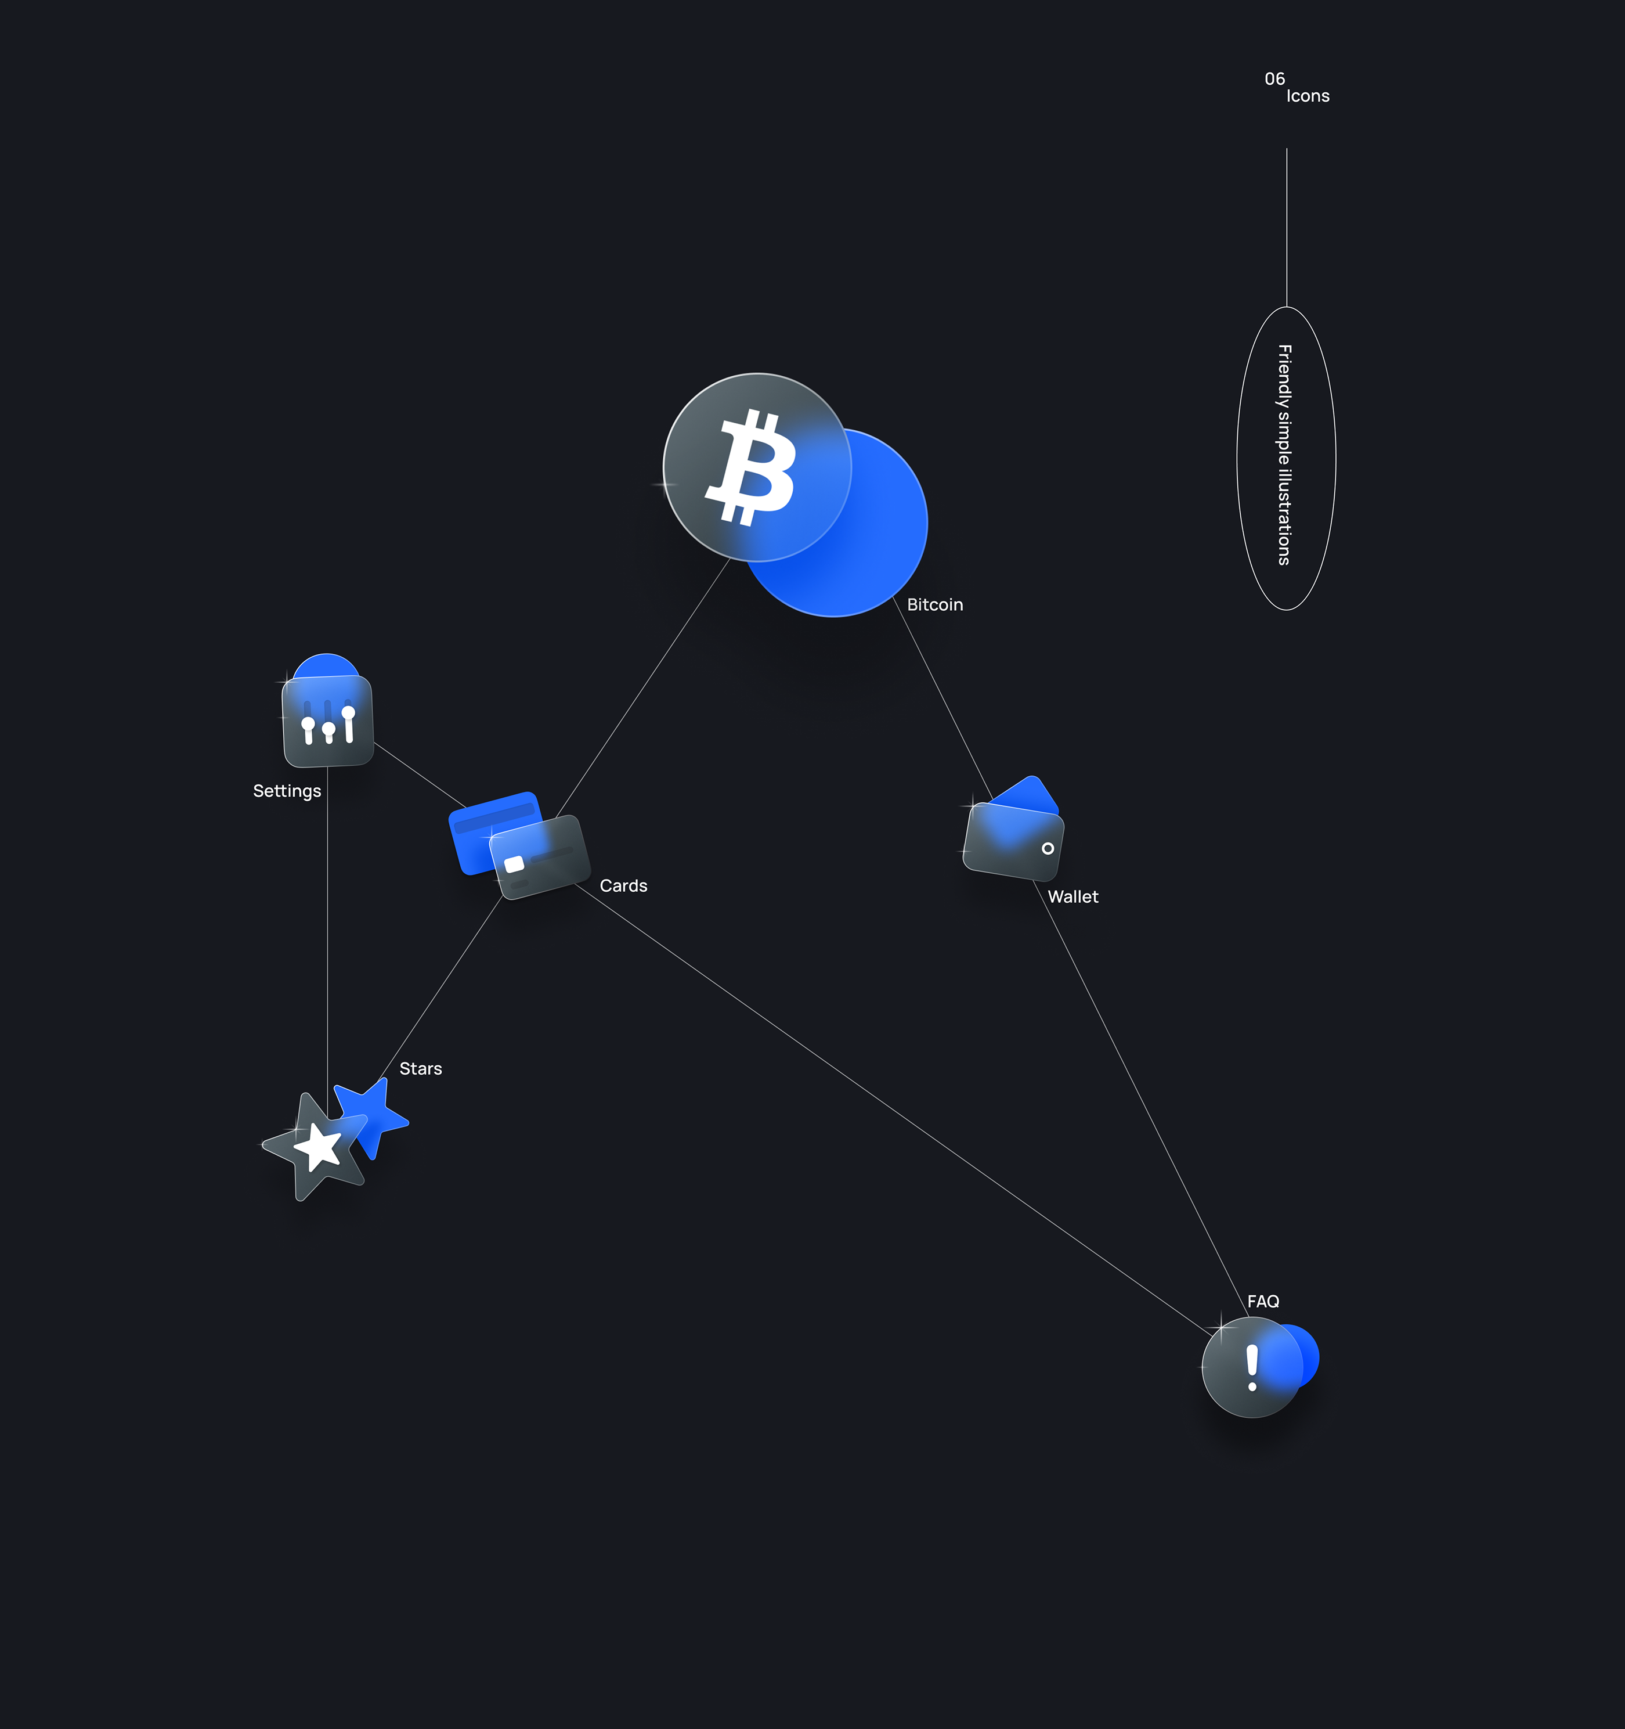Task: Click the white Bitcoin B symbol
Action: (751, 468)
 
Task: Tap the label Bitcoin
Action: (934, 604)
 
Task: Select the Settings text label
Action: (287, 791)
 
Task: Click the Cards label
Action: (623, 885)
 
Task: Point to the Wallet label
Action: (1073, 896)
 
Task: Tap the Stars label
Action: (420, 1069)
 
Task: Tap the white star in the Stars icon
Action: (318, 1147)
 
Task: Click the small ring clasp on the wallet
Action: (1048, 848)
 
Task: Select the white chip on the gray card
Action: (514, 864)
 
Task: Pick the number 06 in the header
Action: (1274, 79)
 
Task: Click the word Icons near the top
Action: (1308, 96)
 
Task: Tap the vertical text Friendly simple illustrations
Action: (1285, 455)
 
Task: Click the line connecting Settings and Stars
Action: (327, 939)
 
